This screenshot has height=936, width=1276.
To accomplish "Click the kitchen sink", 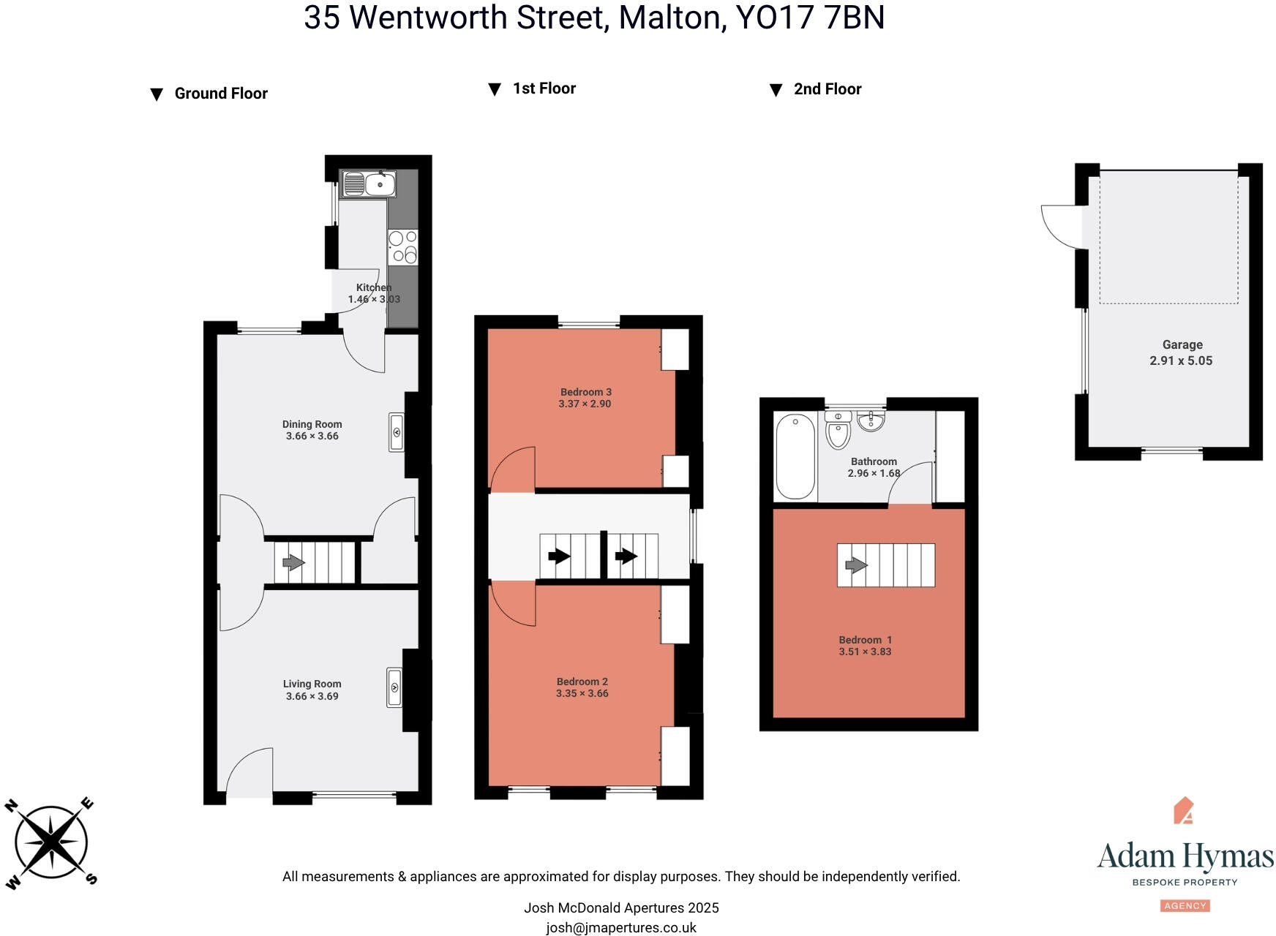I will point(369,184).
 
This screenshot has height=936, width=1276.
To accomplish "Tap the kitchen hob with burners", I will point(402,246).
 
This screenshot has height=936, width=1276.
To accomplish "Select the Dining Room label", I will point(312,424).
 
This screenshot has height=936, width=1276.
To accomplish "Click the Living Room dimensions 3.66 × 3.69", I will point(312,696).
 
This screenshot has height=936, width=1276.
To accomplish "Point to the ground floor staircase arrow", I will point(293,562).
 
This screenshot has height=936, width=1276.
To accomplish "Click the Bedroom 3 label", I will point(585,392).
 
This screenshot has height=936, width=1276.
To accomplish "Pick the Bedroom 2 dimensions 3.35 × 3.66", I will point(582,693).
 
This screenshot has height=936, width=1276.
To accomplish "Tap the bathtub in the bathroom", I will point(795,456).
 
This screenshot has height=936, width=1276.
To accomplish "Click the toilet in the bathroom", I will point(838,429).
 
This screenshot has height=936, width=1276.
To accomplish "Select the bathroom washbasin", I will point(871,421).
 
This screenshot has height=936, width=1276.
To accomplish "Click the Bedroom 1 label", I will point(865,640).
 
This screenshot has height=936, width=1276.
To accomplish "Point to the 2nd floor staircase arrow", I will point(856,565).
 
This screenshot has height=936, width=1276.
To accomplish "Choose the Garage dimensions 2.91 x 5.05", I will point(1181,361).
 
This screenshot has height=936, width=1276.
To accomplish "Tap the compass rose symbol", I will point(51,842).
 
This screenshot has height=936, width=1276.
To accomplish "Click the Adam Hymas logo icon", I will point(1183,810).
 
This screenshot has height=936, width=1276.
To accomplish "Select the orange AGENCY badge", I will point(1185,905).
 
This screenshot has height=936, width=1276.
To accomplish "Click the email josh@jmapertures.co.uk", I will point(621,928).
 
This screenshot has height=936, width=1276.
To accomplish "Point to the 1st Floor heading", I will point(544,88).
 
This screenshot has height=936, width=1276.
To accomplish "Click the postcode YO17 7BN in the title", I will point(810,18).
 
